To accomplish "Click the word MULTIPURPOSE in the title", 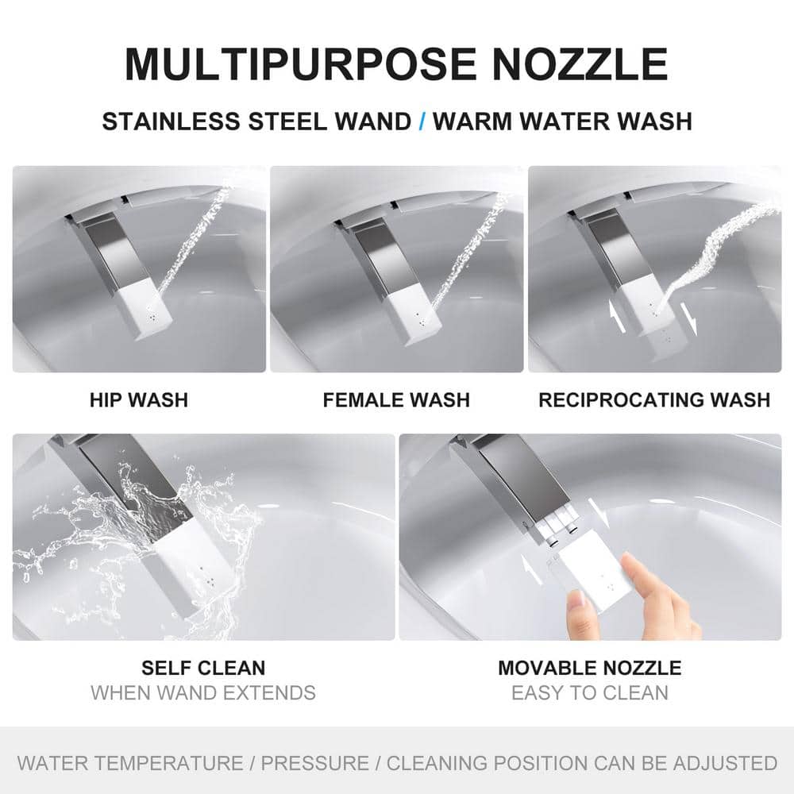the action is click(300, 64).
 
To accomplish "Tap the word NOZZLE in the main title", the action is click(580, 64).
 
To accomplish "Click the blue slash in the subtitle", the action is click(422, 121).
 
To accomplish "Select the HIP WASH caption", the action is click(139, 400).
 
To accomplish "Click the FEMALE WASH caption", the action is click(396, 400).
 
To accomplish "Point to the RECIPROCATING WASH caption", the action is click(654, 400).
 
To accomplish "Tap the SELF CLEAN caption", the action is click(203, 668).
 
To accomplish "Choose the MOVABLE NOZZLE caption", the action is click(589, 668).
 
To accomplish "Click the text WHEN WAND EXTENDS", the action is click(203, 692).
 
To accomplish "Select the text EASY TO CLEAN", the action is click(589, 692).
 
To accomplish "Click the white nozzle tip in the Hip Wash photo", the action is click(148, 309).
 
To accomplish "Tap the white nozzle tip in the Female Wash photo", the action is click(414, 315).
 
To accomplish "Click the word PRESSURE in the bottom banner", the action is click(314, 762).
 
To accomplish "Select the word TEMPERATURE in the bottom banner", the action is click(169, 762).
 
